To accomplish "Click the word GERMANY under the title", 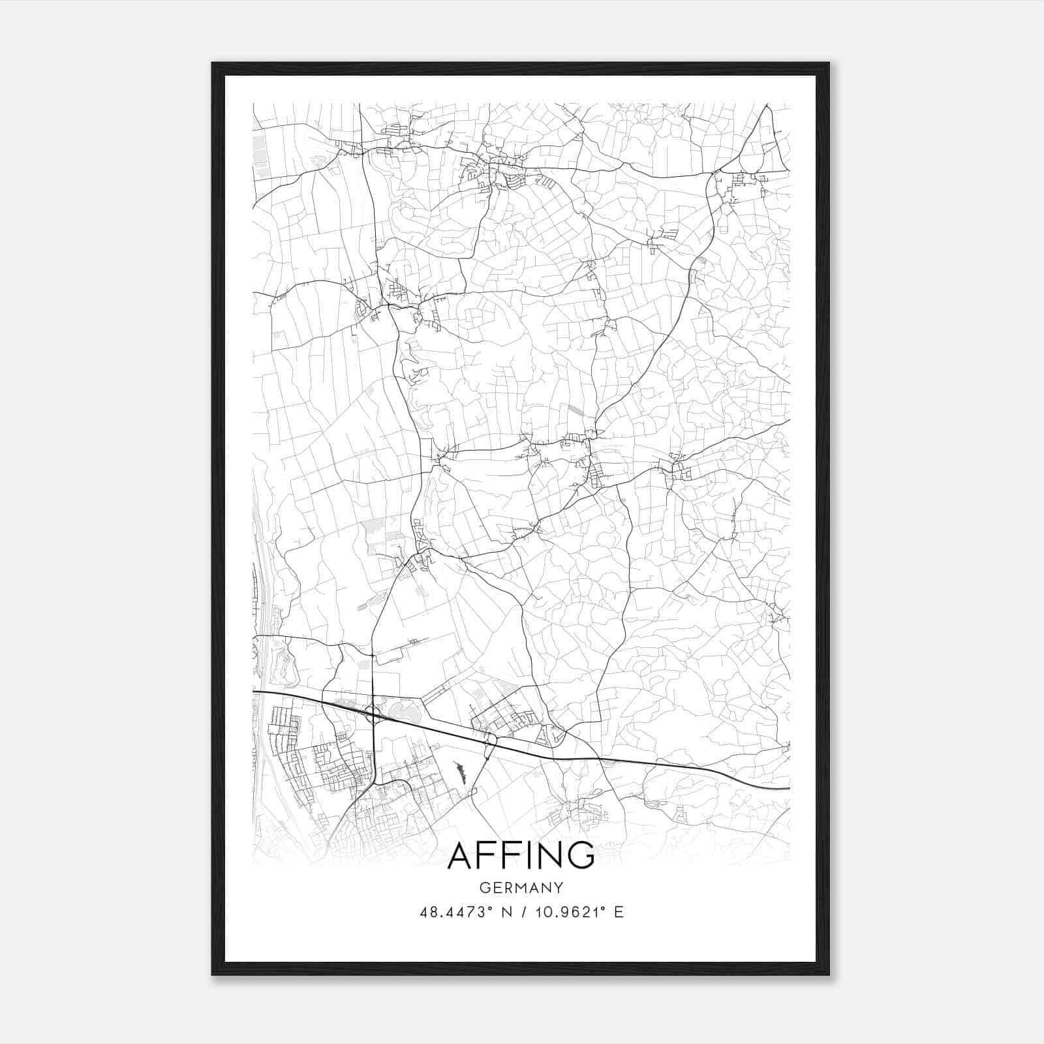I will pyautogui.click(x=521, y=888).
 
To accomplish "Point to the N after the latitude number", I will pyautogui.click(x=505, y=912).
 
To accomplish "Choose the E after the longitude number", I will pyautogui.click(x=619, y=912).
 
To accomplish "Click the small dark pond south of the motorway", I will pyautogui.click(x=460, y=772).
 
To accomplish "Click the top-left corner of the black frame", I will pyautogui.click(x=213, y=64).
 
